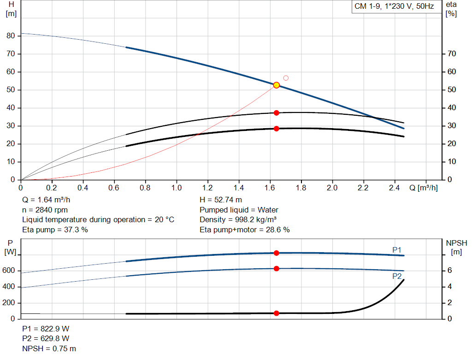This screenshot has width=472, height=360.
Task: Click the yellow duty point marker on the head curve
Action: click(277, 85)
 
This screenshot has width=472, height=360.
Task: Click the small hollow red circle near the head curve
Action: click(286, 78)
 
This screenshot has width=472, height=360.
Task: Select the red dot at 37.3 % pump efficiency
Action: click(277, 113)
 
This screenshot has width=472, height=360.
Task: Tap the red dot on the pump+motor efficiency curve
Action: click(277, 129)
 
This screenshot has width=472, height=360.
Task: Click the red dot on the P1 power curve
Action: click(277, 253)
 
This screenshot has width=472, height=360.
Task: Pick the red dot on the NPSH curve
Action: click(277, 313)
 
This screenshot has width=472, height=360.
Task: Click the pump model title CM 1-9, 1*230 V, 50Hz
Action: click(394, 6)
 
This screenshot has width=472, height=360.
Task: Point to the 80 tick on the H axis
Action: click(11, 36)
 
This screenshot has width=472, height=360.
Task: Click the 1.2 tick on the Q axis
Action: click(207, 188)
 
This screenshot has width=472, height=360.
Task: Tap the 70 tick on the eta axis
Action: click(452, 54)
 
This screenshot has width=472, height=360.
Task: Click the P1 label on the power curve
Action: click(397, 250)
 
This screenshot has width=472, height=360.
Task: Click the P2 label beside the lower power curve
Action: click(397, 277)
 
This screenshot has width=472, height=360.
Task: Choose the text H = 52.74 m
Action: click(221, 200)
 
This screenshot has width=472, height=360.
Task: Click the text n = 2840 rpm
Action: click(45, 210)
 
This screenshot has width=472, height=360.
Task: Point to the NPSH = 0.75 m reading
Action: click(49, 348)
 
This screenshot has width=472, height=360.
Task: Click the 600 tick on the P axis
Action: click(11, 271)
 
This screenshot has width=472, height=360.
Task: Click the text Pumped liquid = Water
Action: click(239, 210)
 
